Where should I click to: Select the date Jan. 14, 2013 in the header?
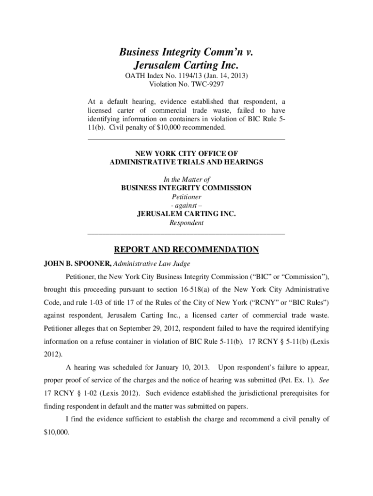tap(227, 76)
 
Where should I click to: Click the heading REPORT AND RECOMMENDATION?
tap(186, 250)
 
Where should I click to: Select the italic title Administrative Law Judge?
tap(152, 264)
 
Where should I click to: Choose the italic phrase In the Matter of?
tap(186, 180)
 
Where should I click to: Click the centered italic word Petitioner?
tap(186, 197)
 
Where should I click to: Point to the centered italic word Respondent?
tap(186, 223)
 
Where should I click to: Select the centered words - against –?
tap(186, 206)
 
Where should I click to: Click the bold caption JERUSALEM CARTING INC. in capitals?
tap(186, 215)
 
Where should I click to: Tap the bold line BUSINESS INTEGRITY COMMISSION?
tap(186, 188)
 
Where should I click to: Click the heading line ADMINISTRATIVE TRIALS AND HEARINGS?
tap(186, 162)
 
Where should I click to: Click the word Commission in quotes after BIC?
tap(303, 277)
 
